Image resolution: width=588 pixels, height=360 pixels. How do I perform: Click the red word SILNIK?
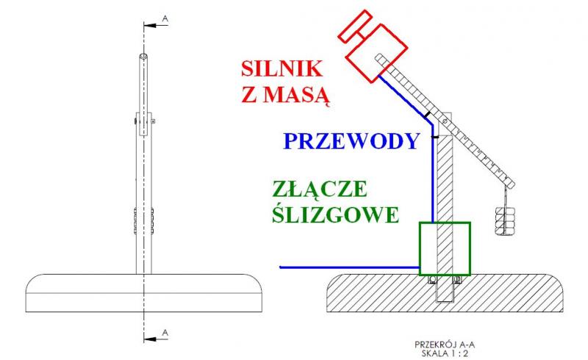click(282, 70)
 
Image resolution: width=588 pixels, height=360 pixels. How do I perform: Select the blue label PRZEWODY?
click(351, 141)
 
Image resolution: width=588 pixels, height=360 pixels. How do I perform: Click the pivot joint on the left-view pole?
click(144, 120)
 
